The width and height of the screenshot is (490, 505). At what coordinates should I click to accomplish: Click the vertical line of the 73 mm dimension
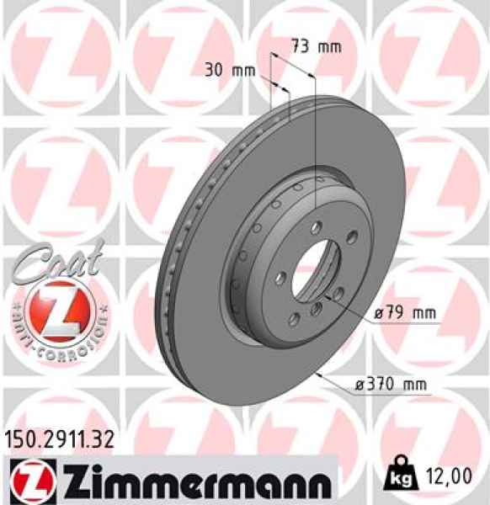coord(314,143)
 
